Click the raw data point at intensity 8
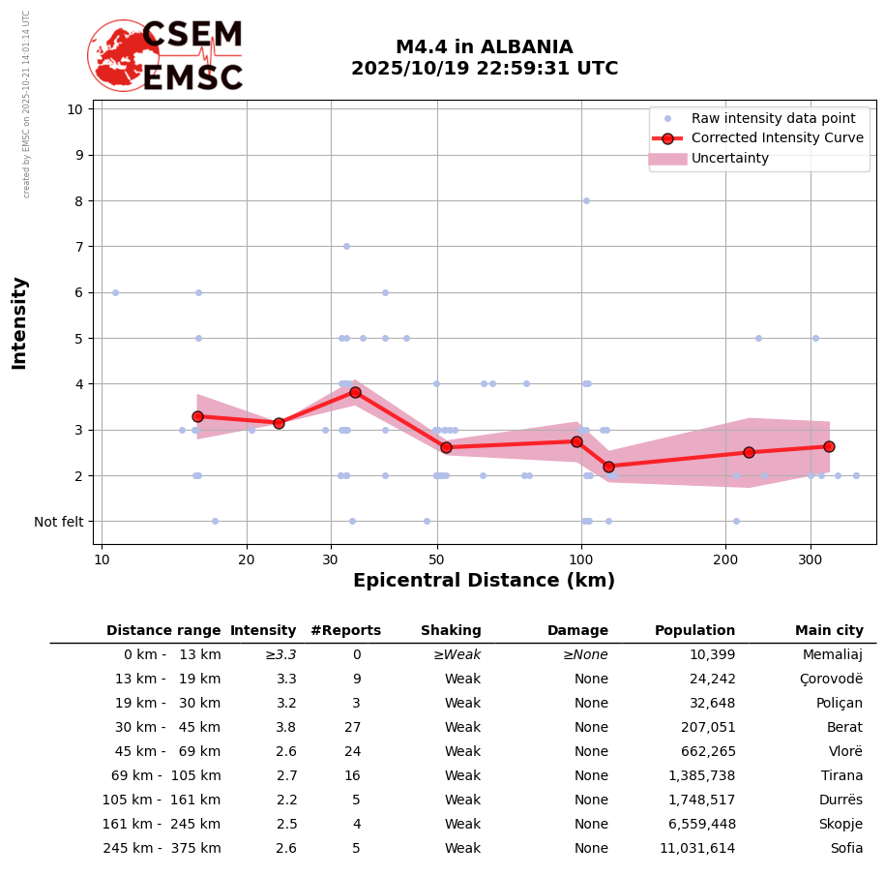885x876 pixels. click(x=586, y=200)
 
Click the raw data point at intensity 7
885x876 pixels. click(x=346, y=246)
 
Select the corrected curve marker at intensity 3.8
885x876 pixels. click(x=355, y=392)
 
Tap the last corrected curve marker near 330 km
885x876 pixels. click(x=829, y=446)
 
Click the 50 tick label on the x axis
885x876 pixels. click(x=436, y=559)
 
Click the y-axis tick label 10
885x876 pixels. click(x=74, y=108)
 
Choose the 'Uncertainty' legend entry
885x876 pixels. click(x=729, y=159)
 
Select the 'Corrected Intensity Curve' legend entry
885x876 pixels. click(x=777, y=138)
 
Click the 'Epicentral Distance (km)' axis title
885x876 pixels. click(x=484, y=581)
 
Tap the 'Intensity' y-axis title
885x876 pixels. click(x=19, y=322)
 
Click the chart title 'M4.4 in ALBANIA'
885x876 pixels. click(x=484, y=47)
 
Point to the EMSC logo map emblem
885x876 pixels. click(x=122, y=55)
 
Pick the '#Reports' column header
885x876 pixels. click(x=345, y=631)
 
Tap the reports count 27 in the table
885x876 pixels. click(x=352, y=728)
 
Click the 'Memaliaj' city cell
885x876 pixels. click(x=833, y=655)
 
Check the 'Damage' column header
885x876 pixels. click(x=577, y=631)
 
